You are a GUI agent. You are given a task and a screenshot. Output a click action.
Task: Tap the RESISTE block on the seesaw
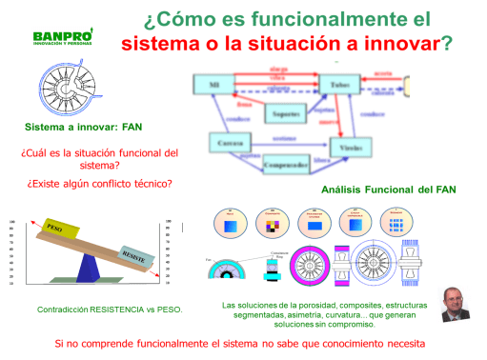pos(135,254)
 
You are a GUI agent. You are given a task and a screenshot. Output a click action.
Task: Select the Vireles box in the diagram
pos(352,148)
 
